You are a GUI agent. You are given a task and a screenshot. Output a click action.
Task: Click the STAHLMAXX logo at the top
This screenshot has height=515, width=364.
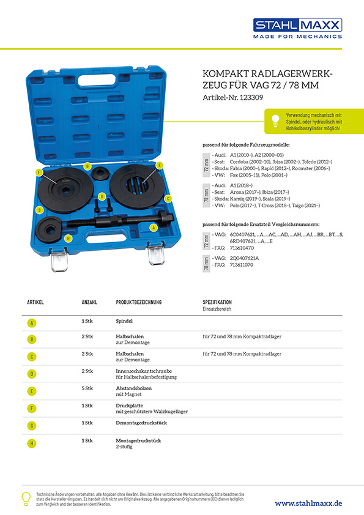[298, 25]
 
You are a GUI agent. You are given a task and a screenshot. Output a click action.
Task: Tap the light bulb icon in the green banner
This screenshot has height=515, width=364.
[275, 119]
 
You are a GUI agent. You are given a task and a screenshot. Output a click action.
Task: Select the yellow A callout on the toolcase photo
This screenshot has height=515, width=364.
[153, 227]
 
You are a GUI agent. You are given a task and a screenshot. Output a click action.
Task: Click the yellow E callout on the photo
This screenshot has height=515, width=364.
[159, 165]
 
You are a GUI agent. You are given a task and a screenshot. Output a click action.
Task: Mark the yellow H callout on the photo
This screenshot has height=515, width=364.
[68, 238]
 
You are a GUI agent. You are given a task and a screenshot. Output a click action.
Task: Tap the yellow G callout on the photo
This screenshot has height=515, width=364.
[87, 166]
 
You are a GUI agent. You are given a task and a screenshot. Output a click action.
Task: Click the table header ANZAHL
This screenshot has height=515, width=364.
[90, 303]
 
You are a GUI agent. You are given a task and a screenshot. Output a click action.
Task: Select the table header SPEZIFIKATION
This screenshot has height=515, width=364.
[217, 303]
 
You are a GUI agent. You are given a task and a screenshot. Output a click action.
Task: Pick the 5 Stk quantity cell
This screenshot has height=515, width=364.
[87, 388]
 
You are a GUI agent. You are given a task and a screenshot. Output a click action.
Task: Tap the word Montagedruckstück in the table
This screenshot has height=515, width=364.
[138, 439]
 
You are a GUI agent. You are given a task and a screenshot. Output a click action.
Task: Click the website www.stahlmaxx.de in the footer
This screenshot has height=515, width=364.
[308, 502]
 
